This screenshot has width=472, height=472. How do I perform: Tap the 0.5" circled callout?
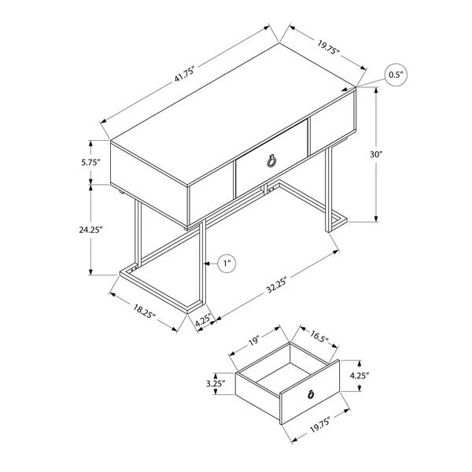click(x=396, y=75)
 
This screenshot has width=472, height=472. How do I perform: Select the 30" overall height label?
click(x=376, y=154)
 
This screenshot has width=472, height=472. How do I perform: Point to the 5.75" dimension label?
click(x=90, y=163)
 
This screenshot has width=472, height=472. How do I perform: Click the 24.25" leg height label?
click(x=90, y=230)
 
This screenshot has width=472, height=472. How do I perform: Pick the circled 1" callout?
click(x=227, y=264)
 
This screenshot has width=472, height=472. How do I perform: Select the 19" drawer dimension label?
click(x=254, y=341)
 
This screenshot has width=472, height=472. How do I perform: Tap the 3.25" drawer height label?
click(x=216, y=384)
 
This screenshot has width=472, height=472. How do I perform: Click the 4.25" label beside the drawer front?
click(x=360, y=375)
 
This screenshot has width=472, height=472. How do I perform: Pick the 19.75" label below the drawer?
click(x=320, y=425)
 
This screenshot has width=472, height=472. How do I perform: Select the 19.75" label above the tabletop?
click(x=328, y=47)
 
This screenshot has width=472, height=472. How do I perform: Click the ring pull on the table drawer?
click(x=271, y=161)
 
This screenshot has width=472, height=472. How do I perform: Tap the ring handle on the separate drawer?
click(x=311, y=393)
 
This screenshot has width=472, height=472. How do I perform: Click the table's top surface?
click(x=234, y=114)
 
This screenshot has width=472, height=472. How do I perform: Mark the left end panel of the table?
click(x=149, y=183)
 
